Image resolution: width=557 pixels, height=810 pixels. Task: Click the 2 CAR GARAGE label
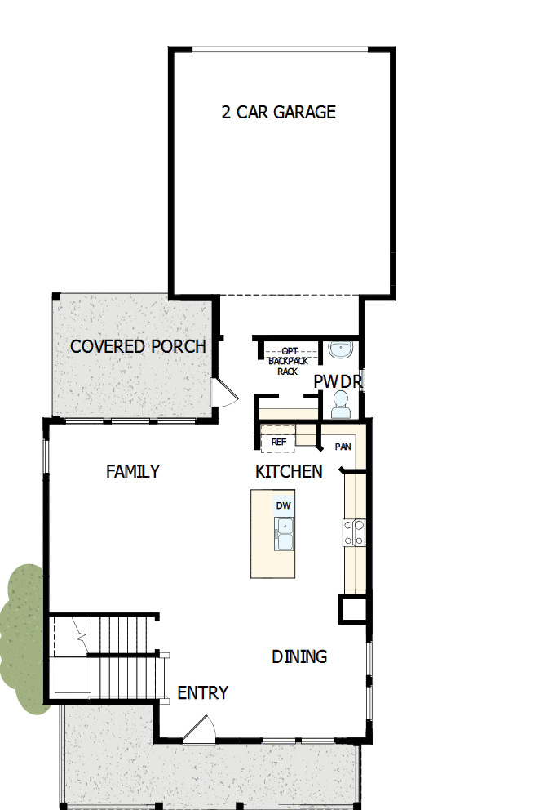279,113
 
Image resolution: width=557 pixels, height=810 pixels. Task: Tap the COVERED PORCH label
138,346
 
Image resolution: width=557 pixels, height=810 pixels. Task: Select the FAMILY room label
133,472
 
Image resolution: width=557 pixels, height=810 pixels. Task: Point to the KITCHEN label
289,472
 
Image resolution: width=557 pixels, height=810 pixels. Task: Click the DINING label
299,656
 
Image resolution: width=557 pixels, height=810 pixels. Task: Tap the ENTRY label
203,693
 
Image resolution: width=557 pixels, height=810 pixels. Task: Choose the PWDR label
337,382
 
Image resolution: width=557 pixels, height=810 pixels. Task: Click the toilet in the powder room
340,401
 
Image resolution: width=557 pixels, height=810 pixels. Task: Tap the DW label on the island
283,506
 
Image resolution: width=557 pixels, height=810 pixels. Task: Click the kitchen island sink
284,535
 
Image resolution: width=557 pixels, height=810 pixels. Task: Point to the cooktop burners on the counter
354,532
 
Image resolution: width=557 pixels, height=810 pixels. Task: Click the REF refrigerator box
278,442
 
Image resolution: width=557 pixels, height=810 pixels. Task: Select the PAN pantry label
343,447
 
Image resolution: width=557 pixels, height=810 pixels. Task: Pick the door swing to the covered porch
222,393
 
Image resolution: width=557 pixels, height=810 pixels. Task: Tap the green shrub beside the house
23,637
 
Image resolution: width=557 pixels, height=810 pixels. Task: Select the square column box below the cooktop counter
353,609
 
